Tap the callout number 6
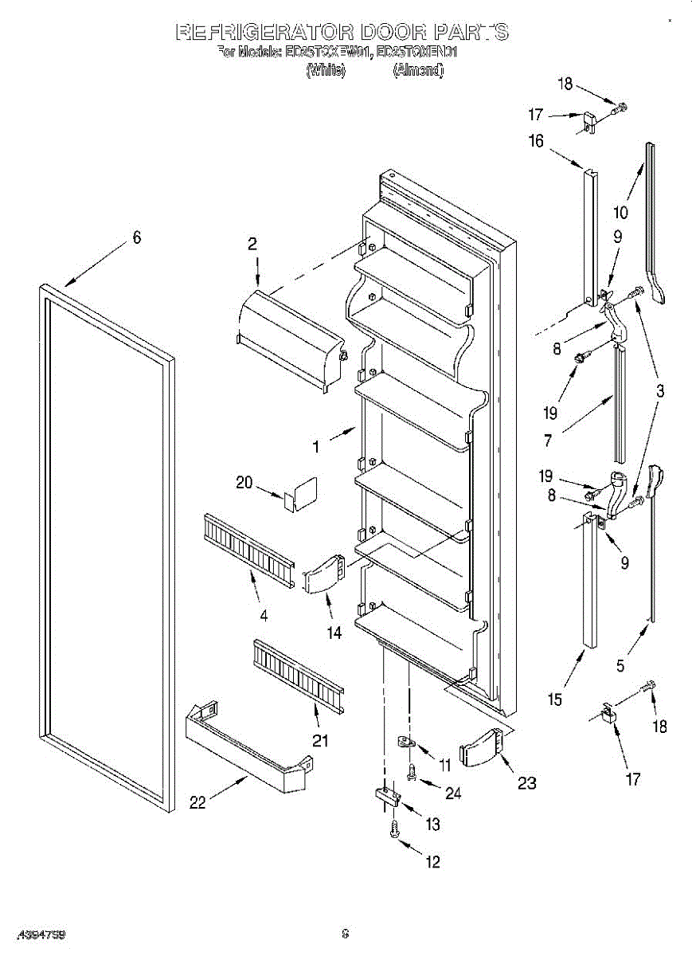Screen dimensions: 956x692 coord(136,237)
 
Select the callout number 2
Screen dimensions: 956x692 coord(252,245)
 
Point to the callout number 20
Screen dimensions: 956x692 coord(244,482)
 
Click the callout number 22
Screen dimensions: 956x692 coord(197,803)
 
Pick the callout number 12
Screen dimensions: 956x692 coord(433,861)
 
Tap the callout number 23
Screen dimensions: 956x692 coord(527,782)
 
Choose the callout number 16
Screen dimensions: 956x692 coord(536,141)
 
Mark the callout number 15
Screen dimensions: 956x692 coord(554,699)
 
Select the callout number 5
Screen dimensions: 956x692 coord(621,664)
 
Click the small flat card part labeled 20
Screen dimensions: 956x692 coord(299,493)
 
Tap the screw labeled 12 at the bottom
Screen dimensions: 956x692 coord(394,830)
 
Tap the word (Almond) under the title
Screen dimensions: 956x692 coord(418,70)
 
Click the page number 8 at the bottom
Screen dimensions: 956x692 coord(345,933)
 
